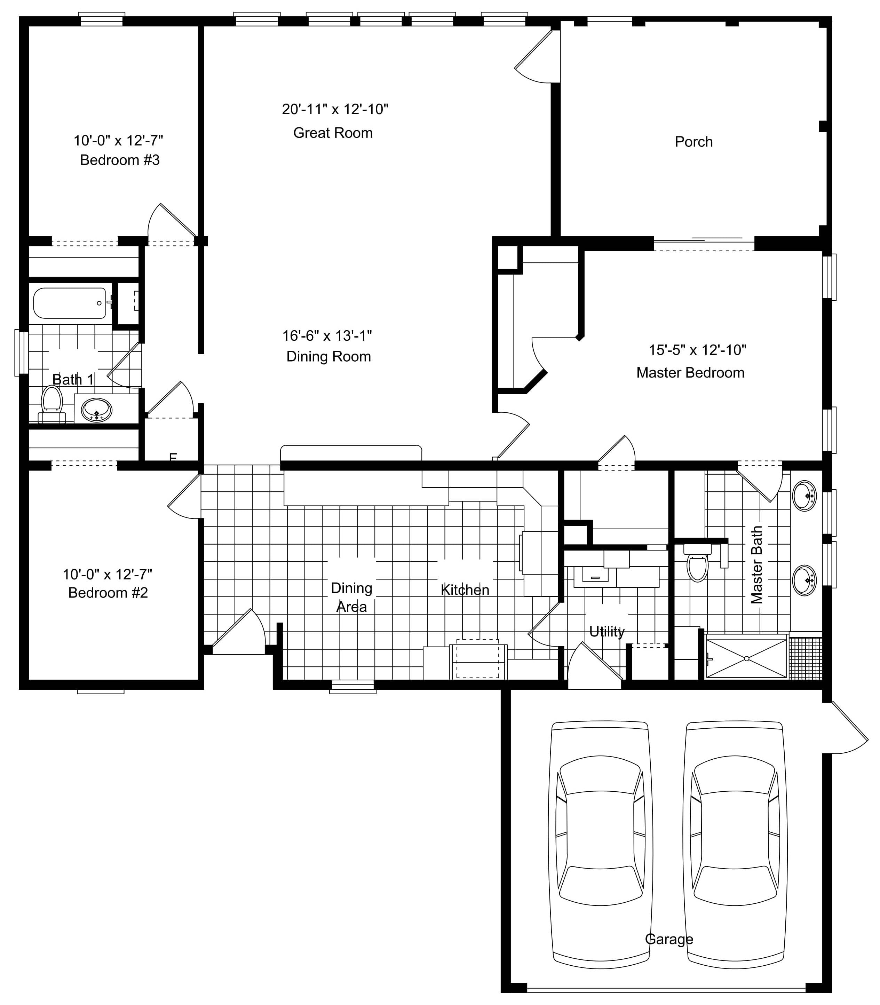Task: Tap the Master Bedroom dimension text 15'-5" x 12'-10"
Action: pos(697,350)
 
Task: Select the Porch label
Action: pos(693,142)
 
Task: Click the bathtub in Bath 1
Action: pos(69,303)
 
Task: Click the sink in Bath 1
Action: pos(96,410)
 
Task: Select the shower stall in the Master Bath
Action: pos(746,658)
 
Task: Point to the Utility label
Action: pos(607,631)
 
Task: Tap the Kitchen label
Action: pos(465,590)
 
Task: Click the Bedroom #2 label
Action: pos(108,593)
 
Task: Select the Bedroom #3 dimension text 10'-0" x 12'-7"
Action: pos(118,141)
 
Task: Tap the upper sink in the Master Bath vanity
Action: pos(804,496)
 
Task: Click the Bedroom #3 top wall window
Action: pos(102,19)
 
